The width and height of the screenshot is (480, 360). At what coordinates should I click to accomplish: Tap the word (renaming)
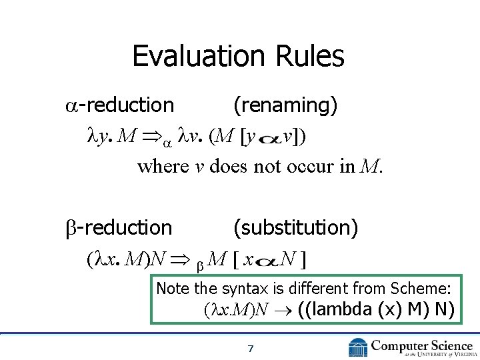[x=285, y=105]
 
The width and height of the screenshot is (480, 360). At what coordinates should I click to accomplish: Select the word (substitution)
[x=295, y=227]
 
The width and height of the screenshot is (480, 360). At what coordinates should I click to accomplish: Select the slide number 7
[x=250, y=348]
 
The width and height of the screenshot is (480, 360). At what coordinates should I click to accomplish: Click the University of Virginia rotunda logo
[x=358, y=347]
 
